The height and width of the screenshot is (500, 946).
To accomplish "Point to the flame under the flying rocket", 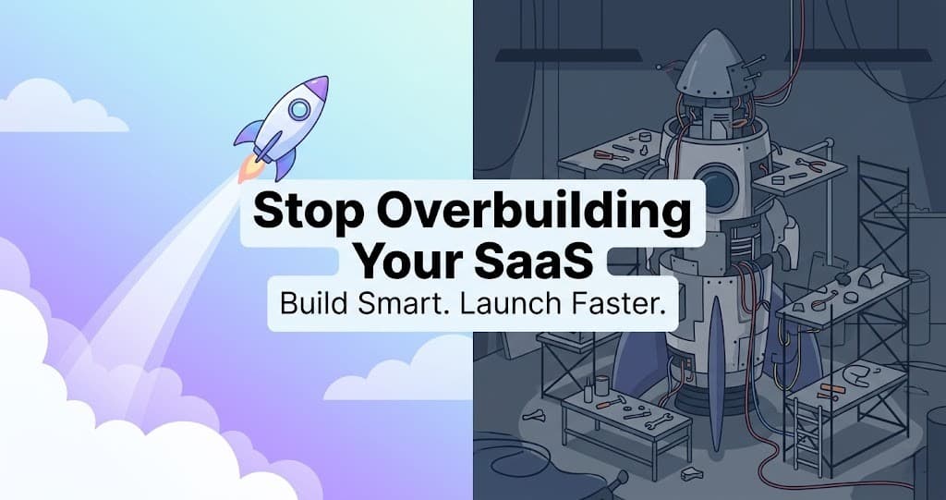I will pyautogui.click(x=249, y=170).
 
